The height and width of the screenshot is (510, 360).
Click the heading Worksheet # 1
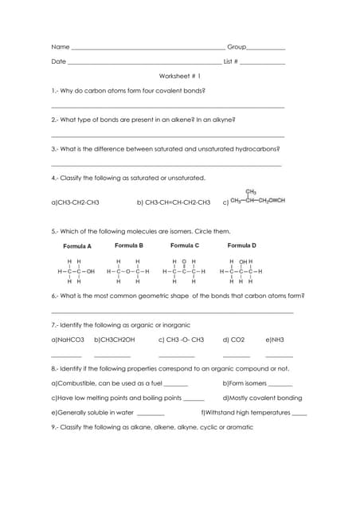tap(180, 76)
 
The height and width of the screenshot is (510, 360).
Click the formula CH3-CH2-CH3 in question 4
tap(75, 202)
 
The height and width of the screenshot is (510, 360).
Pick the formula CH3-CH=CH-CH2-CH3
tap(174, 202)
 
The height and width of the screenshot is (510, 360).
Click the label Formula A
tap(77, 246)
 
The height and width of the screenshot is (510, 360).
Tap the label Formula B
tap(129, 245)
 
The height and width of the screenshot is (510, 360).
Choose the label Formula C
tap(185, 245)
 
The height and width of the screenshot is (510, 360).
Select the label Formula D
tap(242, 245)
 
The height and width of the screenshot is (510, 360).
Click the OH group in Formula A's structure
tap(90, 271)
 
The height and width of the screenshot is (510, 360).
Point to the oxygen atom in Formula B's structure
tap(127, 271)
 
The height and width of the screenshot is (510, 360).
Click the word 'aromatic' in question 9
tap(239, 427)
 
